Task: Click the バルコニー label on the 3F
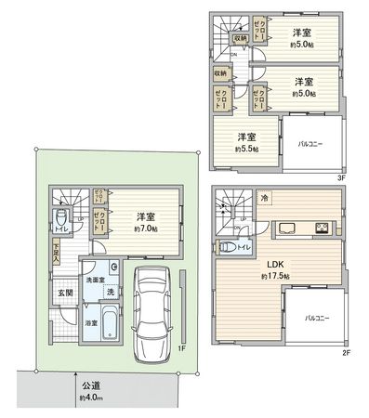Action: point(311,145)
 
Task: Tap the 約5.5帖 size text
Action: point(245,148)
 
